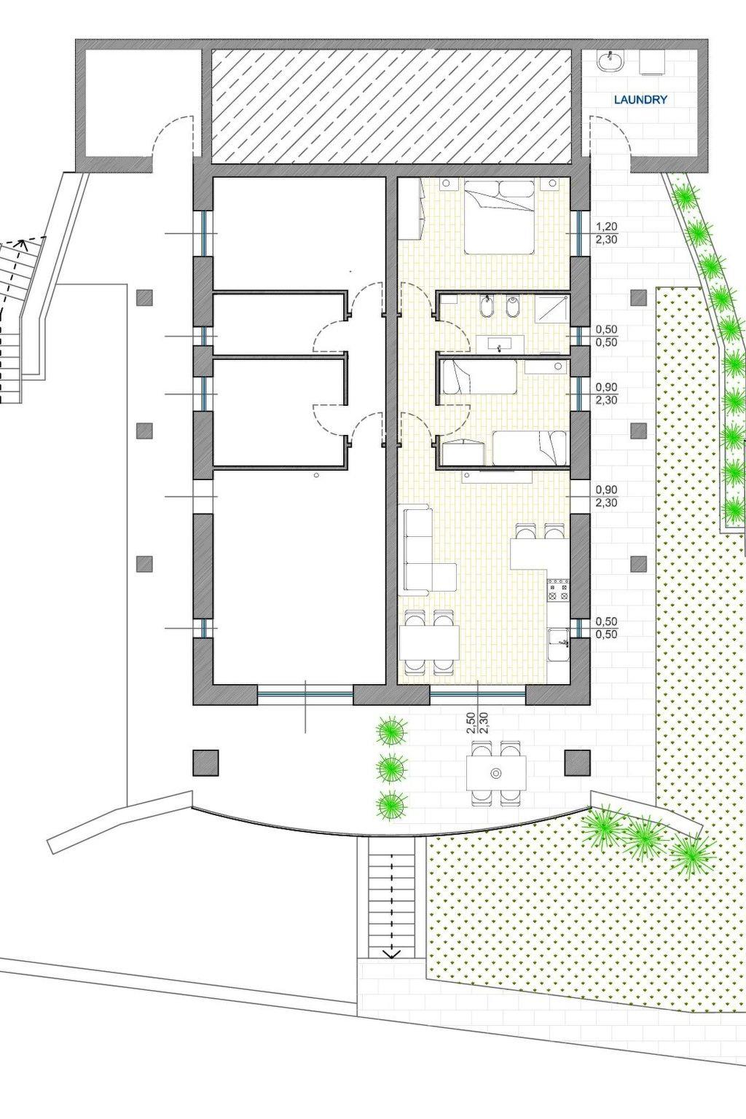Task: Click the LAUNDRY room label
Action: [640, 100]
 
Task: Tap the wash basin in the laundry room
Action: [610, 61]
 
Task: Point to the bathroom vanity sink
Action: [500, 345]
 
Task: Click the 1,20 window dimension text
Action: [607, 227]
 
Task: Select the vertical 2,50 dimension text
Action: [471, 723]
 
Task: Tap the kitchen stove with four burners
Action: [559, 591]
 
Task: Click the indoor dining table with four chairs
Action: [430, 643]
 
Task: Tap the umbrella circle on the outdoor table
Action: [495, 774]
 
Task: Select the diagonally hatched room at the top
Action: [391, 107]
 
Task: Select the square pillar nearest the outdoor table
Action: [576, 762]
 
